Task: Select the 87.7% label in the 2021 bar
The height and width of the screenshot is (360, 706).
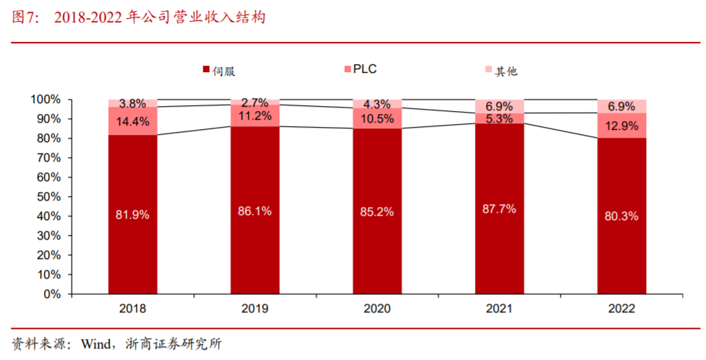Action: tap(500, 209)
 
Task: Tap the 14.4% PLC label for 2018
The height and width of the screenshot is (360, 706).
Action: tap(133, 121)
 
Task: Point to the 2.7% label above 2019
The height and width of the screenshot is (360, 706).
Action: tap(255, 102)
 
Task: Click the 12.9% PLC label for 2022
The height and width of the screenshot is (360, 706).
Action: tap(622, 126)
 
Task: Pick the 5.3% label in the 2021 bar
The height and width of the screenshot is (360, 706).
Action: tap(500, 118)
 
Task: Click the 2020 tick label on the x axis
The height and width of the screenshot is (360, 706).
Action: tap(377, 309)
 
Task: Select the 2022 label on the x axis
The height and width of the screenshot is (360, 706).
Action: tap(622, 309)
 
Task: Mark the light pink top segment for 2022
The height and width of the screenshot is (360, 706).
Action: tap(622, 106)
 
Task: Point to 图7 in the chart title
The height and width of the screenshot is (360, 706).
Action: tap(26, 17)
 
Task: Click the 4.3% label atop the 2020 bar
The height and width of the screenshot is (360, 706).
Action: tap(377, 103)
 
